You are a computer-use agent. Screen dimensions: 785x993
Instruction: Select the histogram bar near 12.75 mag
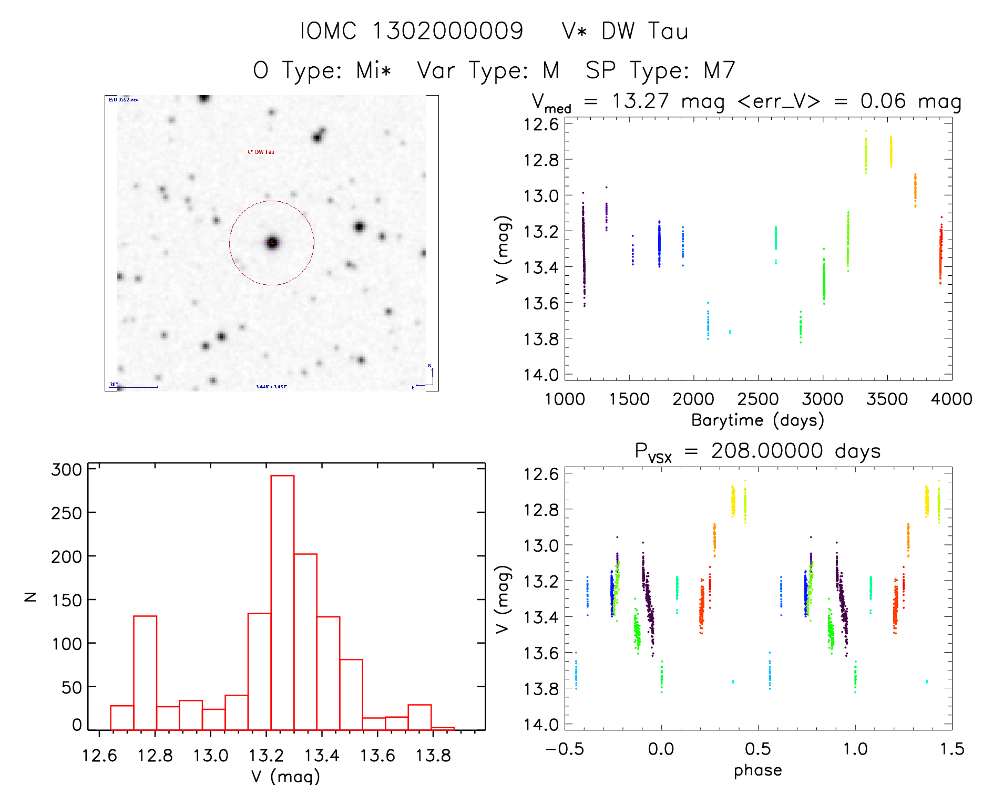pos(145,673)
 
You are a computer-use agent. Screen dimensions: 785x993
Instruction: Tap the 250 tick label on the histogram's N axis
pos(67,513)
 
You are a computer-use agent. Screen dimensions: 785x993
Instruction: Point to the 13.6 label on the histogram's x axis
pos(377,756)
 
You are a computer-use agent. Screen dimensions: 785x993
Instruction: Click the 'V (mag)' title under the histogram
pos(285,776)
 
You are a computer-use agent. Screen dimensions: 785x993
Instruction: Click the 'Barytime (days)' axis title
pos(757,420)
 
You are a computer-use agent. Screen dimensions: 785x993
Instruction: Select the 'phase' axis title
pos(757,770)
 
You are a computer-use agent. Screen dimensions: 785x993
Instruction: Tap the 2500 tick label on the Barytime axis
pos(757,399)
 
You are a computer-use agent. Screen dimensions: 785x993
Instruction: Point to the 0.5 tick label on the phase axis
pos(757,749)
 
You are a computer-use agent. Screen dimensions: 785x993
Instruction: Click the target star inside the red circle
pos(272,243)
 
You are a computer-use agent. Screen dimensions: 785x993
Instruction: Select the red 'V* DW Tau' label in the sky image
pos(261,152)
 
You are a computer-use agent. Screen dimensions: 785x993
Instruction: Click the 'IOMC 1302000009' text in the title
pos(412,31)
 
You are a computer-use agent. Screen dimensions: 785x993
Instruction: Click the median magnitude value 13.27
pos(640,101)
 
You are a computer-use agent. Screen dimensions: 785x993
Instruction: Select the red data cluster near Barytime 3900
pos(940,252)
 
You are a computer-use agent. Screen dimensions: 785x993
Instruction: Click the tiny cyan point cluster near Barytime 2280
pos(730,332)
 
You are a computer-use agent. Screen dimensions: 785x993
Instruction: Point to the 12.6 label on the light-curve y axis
pos(541,125)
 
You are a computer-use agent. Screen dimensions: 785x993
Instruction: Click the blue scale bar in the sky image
pos(138,387)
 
